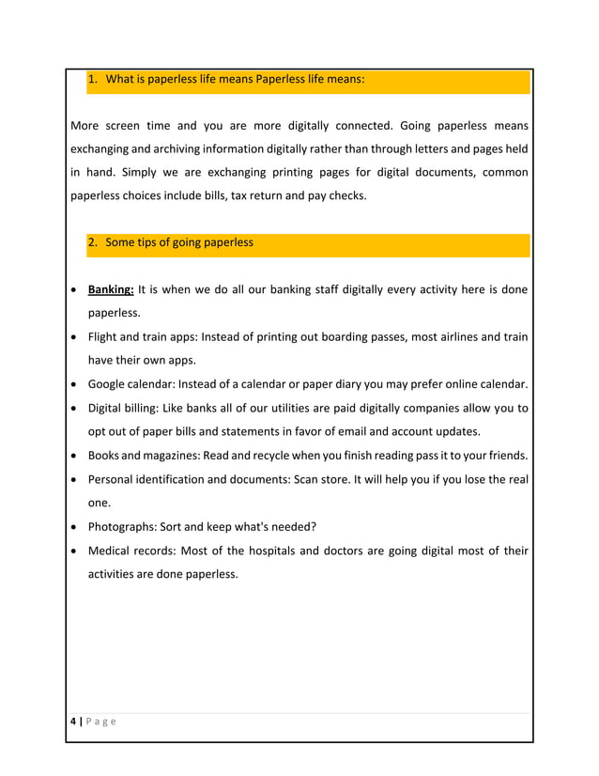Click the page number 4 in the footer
(73, 722)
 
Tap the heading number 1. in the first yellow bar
(93, 80)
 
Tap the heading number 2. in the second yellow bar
(93, 242)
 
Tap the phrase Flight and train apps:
(147, 336)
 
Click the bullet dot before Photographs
(74, 527)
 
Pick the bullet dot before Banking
(74, 290)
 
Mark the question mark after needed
(313, 526)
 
